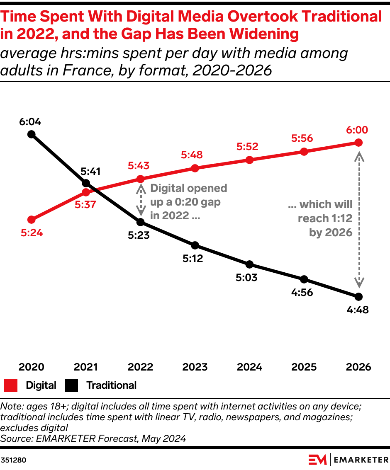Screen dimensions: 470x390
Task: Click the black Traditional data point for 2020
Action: coord(31,134)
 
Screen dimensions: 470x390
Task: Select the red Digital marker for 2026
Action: coord(359,143)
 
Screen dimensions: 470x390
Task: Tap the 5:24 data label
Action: coord(32,233)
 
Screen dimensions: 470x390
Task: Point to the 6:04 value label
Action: coord(30,122)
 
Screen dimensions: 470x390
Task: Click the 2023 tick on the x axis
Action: coord(195,367)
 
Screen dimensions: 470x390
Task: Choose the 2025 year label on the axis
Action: coord(304,367)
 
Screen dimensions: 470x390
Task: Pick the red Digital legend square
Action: coord(11,385)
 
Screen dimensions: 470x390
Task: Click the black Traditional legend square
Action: coord(71,385)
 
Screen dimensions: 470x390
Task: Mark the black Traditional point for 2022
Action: coord(140,222)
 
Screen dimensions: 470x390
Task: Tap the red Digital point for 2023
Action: coord(195,168)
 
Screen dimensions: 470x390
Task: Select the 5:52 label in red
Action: coord(248,146)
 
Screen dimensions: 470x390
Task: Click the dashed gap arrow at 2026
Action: coord(359,220)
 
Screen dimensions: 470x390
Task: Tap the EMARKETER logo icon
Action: coord(318,460)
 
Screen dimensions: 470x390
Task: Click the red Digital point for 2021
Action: coord(86,192)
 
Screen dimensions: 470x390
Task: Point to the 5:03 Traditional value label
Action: coord(246,277)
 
